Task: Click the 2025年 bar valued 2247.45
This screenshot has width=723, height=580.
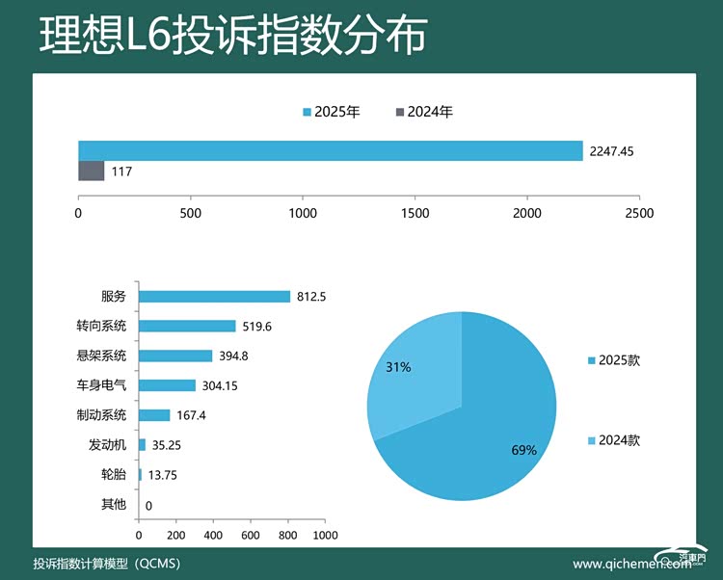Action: click(330, 150)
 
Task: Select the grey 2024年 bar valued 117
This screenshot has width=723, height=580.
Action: click(91, 171)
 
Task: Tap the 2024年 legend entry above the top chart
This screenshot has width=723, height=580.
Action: click(424, 112)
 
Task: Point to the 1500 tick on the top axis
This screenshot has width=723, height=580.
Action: click(415, 213)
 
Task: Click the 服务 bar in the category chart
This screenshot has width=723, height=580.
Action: click(214, 297)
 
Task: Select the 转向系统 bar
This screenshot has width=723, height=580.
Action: click(187, 326)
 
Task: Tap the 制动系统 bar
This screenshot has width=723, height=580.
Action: click(154, 415)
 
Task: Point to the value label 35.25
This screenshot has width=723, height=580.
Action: click(167, 445)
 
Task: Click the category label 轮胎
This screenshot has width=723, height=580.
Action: click(114, 475)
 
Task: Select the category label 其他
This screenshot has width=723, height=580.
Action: click(114, 505)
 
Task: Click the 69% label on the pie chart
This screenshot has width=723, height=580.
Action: click(523, 450)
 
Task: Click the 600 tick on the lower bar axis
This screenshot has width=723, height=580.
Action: click(251, 535)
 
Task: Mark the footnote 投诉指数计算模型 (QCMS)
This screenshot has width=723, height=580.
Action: click(107, 564)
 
